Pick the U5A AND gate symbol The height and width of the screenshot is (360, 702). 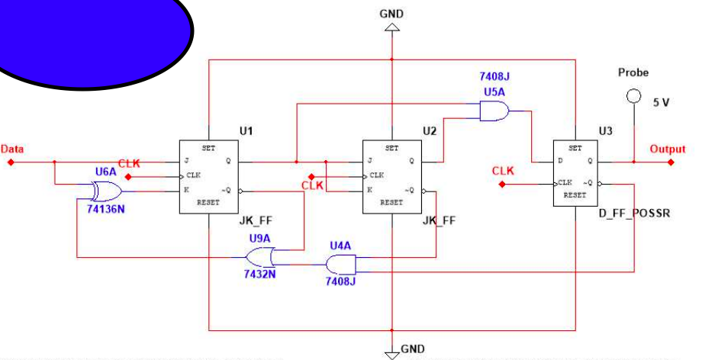(x=494, y=112)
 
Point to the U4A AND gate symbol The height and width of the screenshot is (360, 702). (x=340, y=264)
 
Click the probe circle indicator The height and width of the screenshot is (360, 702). (x=632, y=96)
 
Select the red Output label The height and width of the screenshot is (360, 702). (x=668, y=149)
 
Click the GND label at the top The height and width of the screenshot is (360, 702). (x=391, y=14)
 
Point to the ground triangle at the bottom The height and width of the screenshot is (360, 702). (x=391, y=352)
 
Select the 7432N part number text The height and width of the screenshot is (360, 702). (x=259, y=274)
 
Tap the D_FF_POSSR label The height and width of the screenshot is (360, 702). (x=636, y=214)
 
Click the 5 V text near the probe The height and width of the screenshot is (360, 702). (x=661, y=101)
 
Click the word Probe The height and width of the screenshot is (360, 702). (x=633, y=72)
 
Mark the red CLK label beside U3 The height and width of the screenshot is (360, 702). (x=503, y=171)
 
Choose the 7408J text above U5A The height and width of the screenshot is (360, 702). (x=495, y=77)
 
